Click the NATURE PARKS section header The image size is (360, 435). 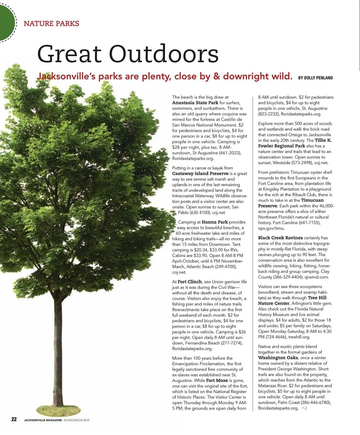(x=51, y=24)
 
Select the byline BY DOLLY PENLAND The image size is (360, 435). (x=315, y=78)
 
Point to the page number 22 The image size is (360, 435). (x=14, y=419)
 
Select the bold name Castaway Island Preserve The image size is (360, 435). (x=200, y=174)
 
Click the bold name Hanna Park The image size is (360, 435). (x=215, y=222)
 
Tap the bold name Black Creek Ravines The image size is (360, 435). (x=280, y=238)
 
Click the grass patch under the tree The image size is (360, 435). (x=58, y=410)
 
